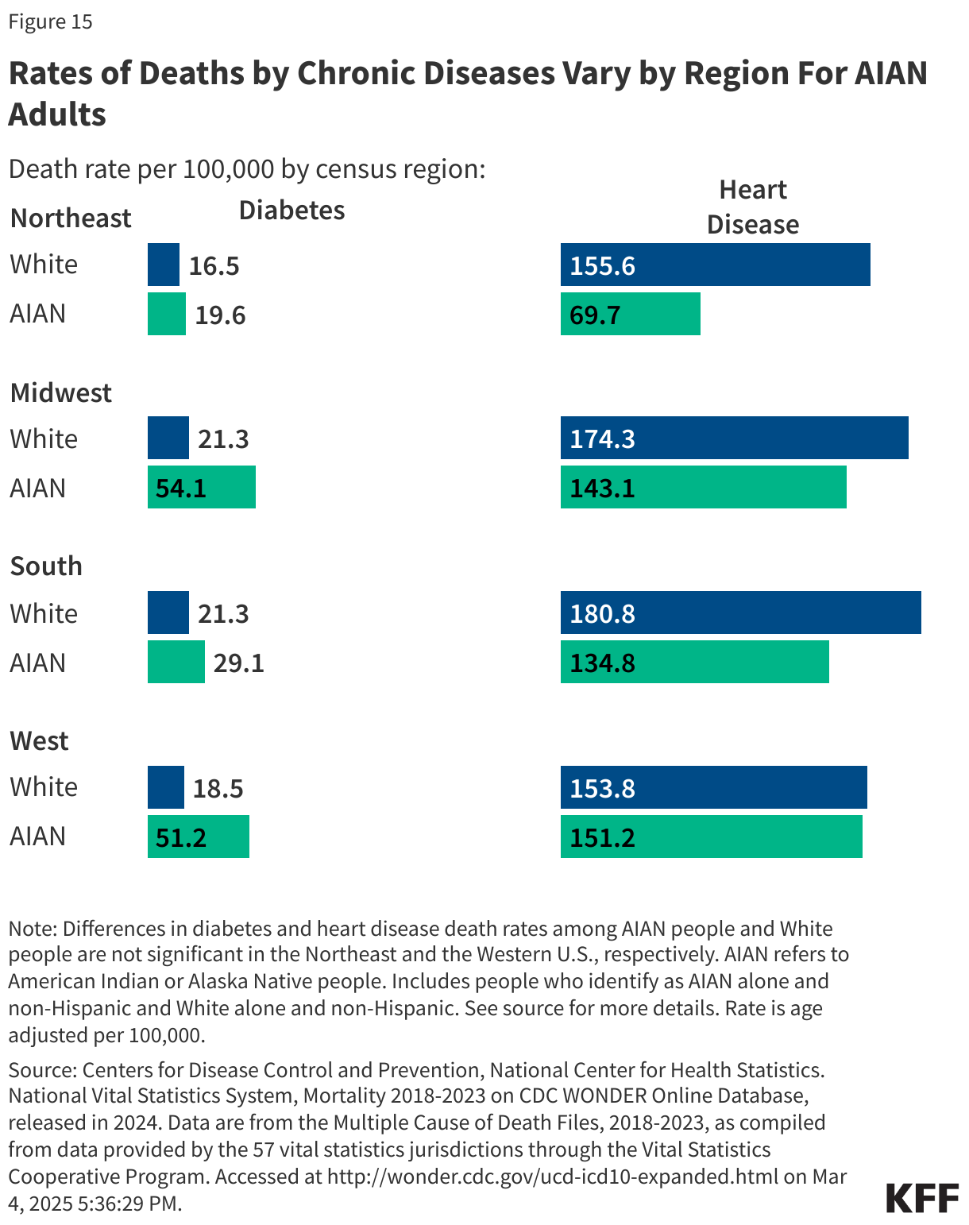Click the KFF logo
point(921,1197)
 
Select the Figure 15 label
point(50,21)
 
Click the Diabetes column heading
point(291,211)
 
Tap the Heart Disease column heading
point(752,207)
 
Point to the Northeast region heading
point(71,218)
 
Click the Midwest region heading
point(61,393)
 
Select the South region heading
point(46,566)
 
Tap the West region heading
point(39,741)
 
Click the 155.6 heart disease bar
point(715,265)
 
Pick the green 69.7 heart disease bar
point(630,315)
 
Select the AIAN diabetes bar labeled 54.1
point(201,488)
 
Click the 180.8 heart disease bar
point(740,613)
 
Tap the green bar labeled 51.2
point(198,837)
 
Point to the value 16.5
point(214,266)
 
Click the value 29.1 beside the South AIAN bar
point(238,663)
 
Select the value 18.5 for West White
point(218,789)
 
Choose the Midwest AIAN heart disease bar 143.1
point(703,488)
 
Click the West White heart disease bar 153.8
point(713,788)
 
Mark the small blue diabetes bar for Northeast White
point(163,265)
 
